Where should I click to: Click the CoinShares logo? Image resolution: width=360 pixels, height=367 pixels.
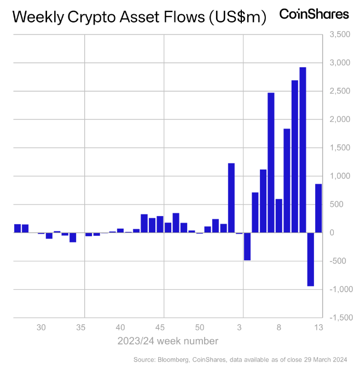pyautogui.click(x=314, y=14)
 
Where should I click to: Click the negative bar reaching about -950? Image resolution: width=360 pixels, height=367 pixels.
pyautogui.click(x=311, y=259)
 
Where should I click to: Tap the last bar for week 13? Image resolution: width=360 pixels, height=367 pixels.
pyautogui.click(x=318, y=208)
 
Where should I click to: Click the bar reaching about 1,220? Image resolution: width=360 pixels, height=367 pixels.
pyautogui.click(x=231, y=197)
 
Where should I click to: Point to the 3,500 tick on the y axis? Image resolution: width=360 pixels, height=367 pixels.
pyautogui.click(x=339, y=34)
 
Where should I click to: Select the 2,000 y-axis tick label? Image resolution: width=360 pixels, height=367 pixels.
pyautogui.click(x=339, y=119)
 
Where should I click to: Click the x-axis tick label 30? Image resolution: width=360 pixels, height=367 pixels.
pyautogui.click(x=41, y=328)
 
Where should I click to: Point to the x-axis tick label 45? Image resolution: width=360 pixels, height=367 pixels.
pyautogui.click(x=160, y=328)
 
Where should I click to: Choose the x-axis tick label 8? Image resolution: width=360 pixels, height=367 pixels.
pyautogui.click(x=279, y=328)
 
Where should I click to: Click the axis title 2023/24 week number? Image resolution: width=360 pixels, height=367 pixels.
pyautogui.click(x=168, y=341)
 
